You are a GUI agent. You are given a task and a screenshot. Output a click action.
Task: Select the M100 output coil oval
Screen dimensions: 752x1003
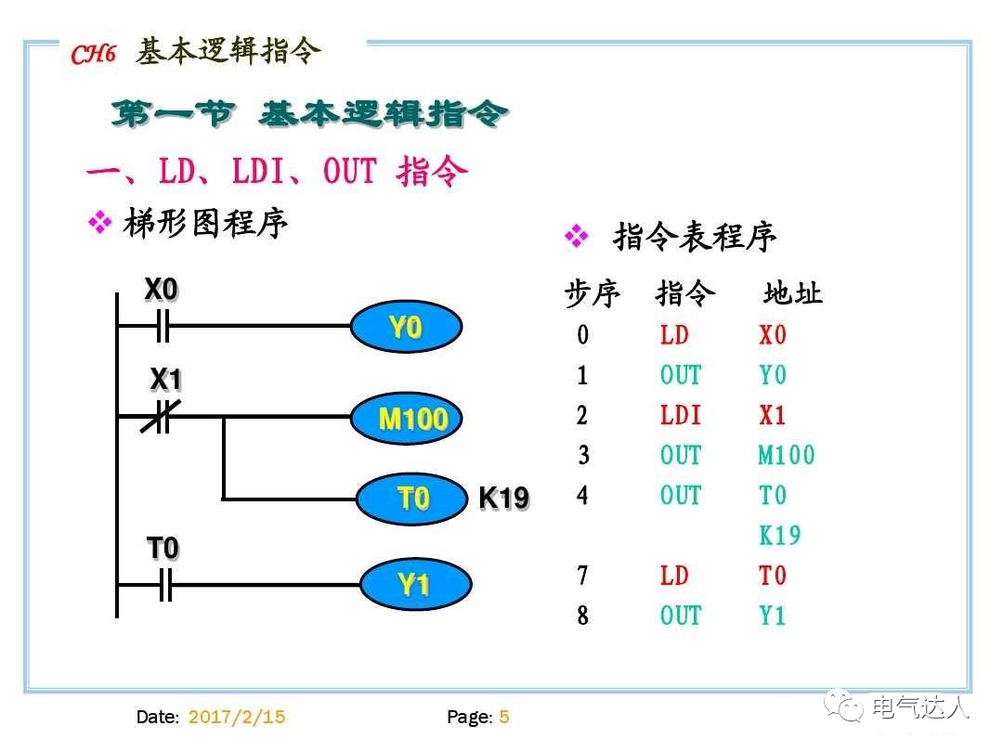(412, 419)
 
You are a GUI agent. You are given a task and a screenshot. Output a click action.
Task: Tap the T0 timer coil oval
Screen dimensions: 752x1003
(412, 499)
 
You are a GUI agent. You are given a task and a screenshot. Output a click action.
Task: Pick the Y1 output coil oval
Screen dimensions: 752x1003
(414, 584)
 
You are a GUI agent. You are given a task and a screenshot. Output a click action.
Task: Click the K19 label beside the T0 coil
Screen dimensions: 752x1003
(503, 499)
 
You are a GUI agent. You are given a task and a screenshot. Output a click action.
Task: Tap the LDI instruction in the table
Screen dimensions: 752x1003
(681, 415)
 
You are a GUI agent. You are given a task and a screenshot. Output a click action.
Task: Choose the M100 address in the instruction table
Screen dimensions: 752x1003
(786, 455)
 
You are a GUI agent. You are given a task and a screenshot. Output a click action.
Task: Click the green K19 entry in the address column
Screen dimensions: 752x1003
(779, 536)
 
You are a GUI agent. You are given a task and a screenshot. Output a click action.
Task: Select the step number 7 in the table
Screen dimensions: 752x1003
(582, 576)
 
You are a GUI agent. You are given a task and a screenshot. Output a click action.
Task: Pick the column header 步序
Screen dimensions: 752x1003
(592, 294)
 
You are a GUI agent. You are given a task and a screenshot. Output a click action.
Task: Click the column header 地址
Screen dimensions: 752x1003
(792, 294)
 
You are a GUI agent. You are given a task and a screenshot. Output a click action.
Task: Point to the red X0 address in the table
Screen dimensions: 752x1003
(773, 335)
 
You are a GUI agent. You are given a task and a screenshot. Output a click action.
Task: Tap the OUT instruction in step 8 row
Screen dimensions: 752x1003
(681, 616)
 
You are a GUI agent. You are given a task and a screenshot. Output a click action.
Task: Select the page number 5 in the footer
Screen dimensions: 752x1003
(504, 717)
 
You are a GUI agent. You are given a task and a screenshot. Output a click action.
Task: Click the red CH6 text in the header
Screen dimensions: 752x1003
(94, 55)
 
